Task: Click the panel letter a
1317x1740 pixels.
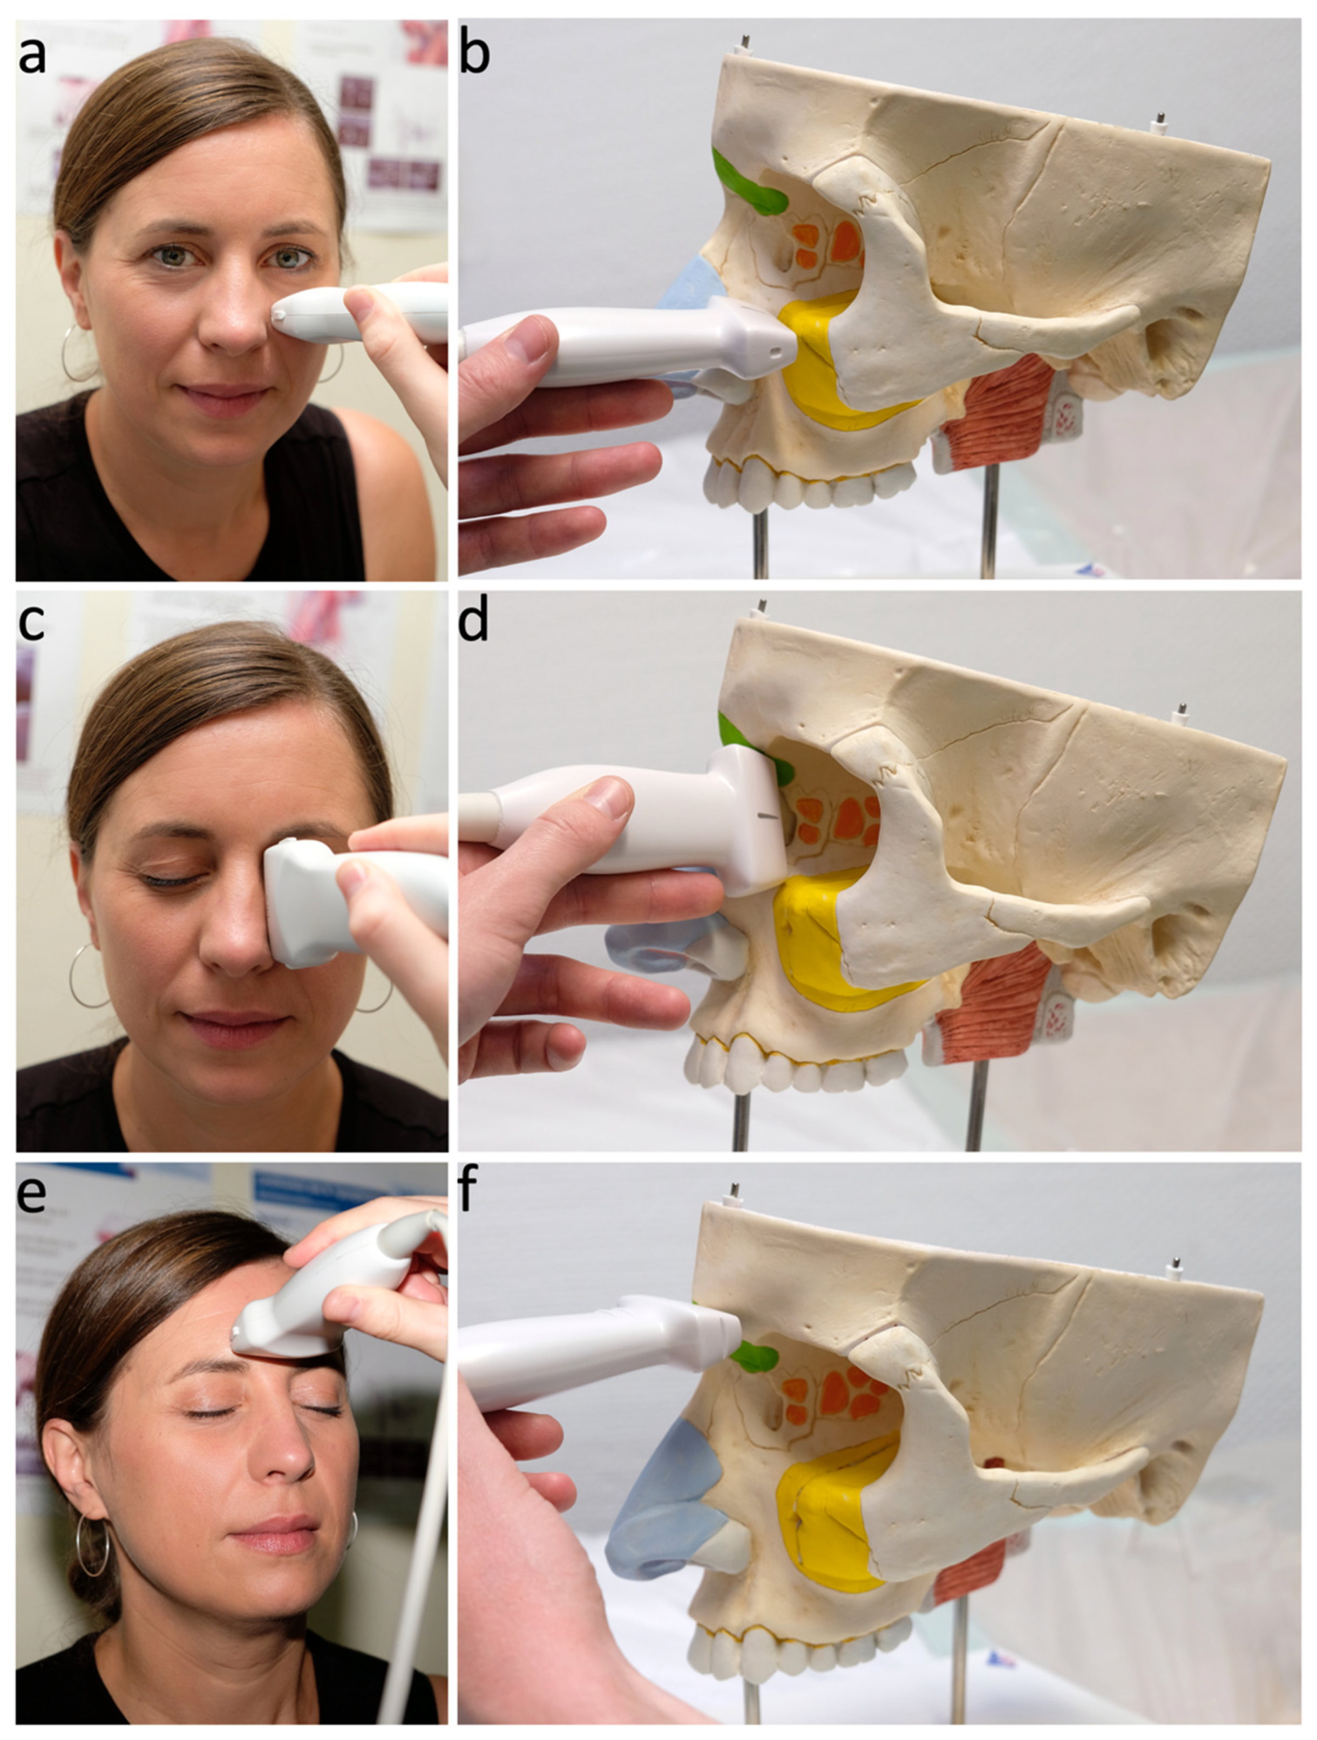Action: pyautogui.click(x=32, y=55)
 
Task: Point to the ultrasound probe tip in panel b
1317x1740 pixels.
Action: pyautogui.click(x=779, y=342)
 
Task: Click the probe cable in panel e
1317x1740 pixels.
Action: pyautogui.click(x=421, y=1495)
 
